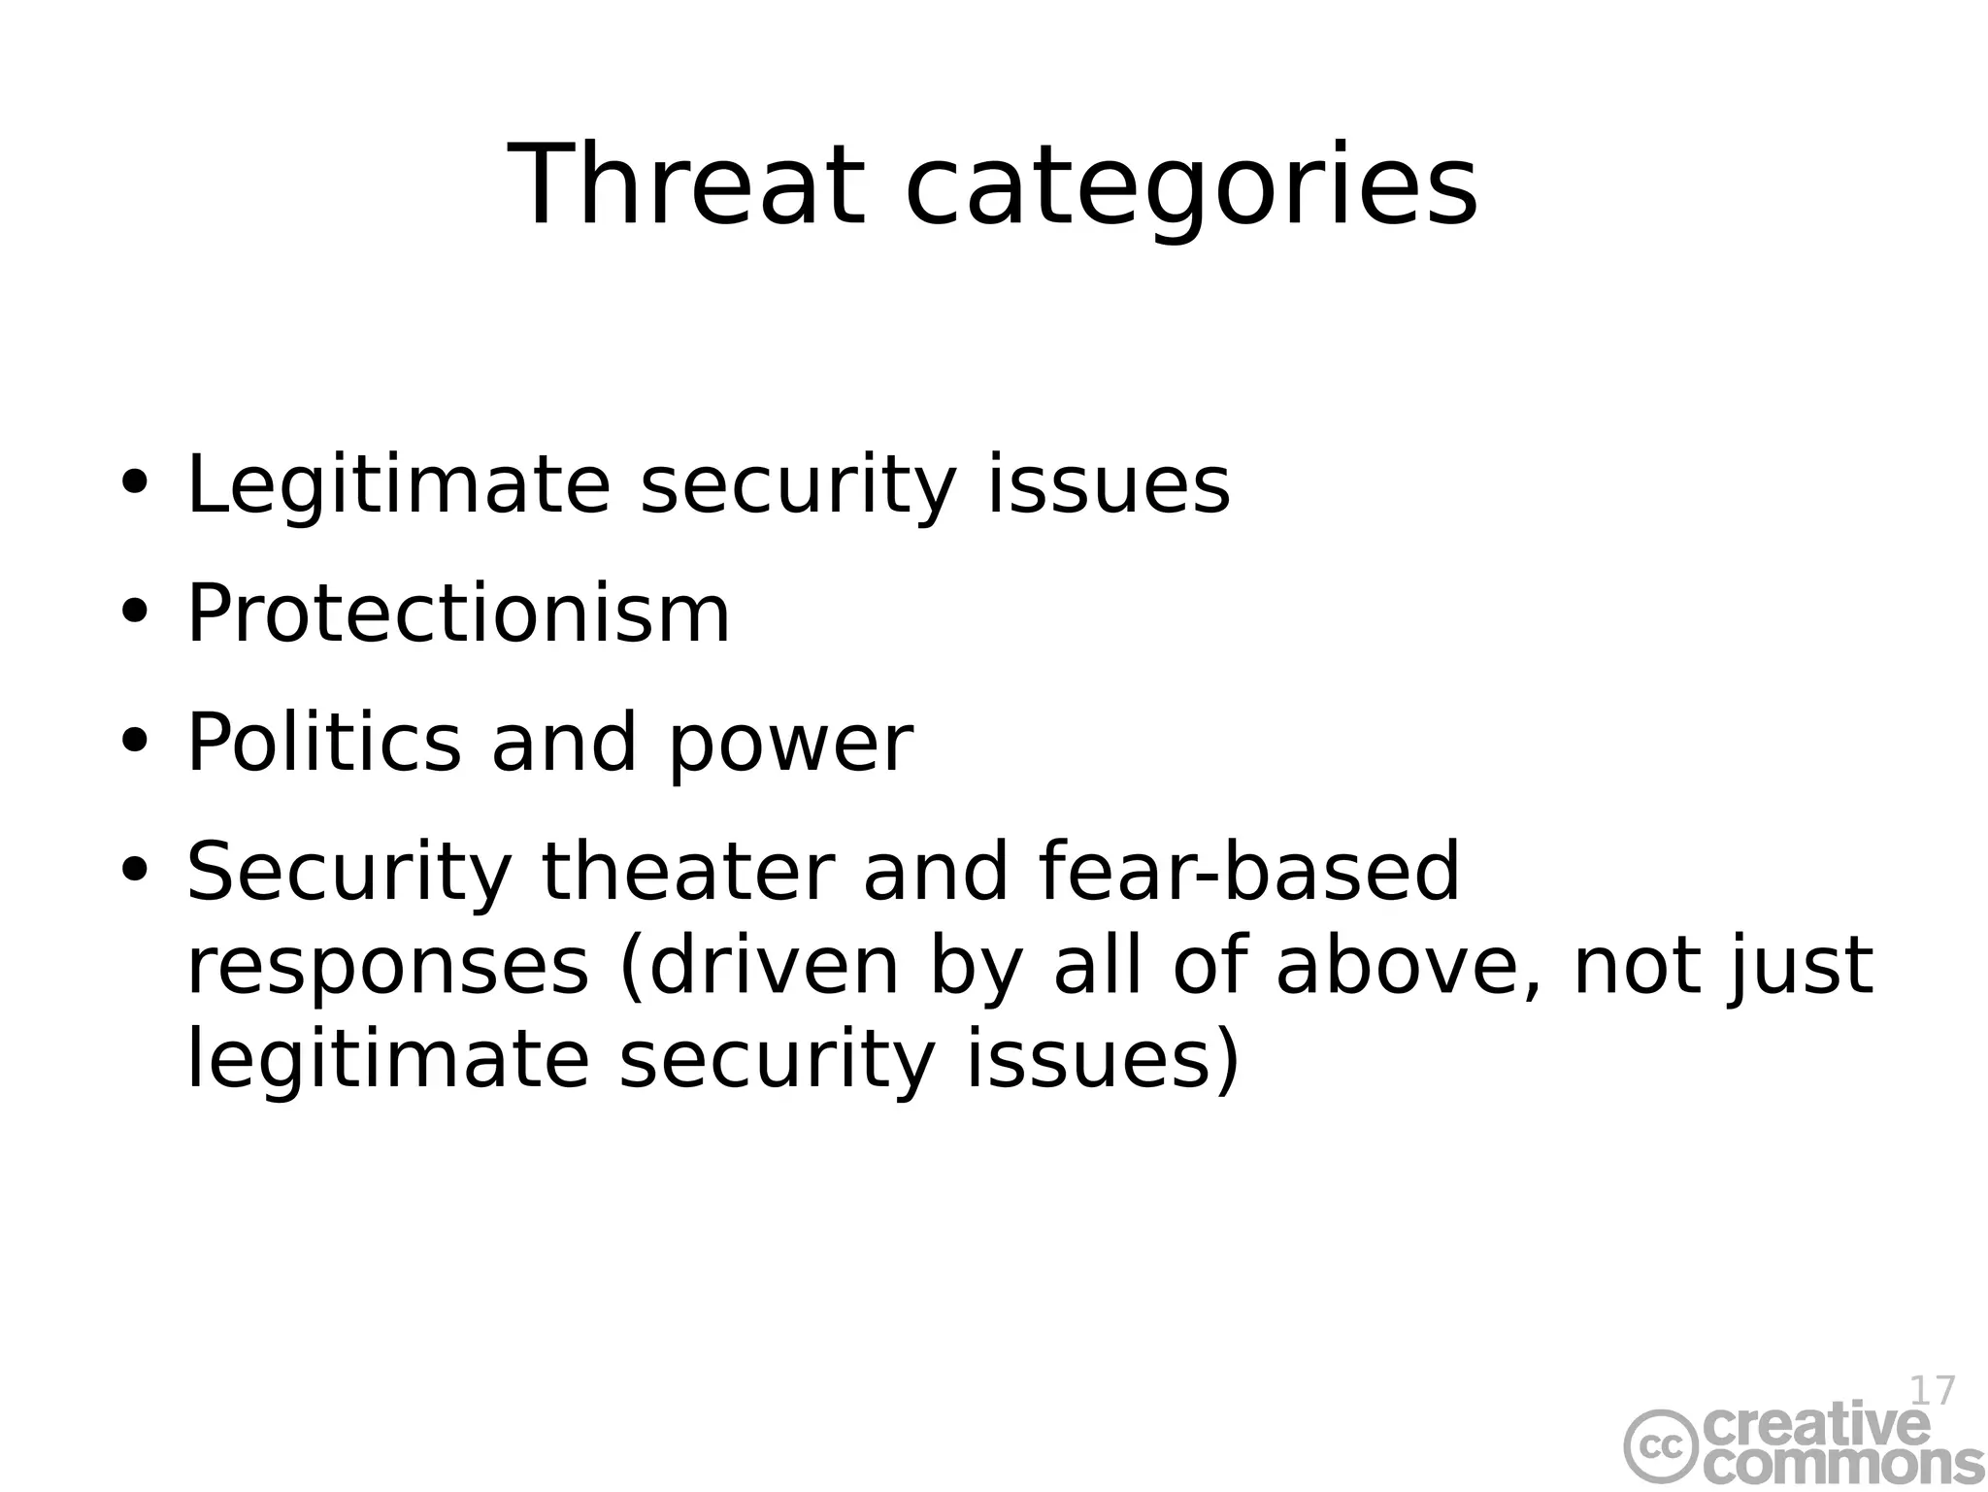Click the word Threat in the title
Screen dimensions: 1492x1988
[685, 184]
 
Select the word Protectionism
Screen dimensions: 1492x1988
[457, 614]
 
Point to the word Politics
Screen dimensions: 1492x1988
[323, 743]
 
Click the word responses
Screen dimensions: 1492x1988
[387, 969]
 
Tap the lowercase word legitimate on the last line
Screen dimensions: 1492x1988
[387, 1061]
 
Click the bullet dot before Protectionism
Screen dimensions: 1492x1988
[134, 613]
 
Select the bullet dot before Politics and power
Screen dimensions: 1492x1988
[134, 742]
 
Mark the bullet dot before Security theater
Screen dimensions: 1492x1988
[134, 869]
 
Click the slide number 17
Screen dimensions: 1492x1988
[1931, 1391]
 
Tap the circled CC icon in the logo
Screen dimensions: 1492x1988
[1662, 1447]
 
